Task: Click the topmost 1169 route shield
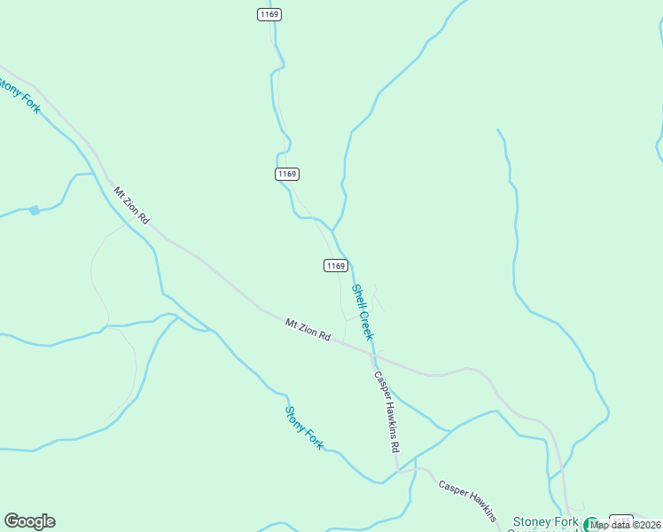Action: pos(270,14)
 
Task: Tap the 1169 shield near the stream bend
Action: pos(285,174)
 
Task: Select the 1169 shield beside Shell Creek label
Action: pos(335,265)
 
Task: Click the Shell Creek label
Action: pos(363,311)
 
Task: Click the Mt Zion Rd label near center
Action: pos(308,330)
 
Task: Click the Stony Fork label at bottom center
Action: pos(304,426)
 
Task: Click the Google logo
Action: pos(29,521)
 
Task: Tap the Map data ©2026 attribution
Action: pos(626,524)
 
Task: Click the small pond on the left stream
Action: pos(34,210)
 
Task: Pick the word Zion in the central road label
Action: pos(308,330)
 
